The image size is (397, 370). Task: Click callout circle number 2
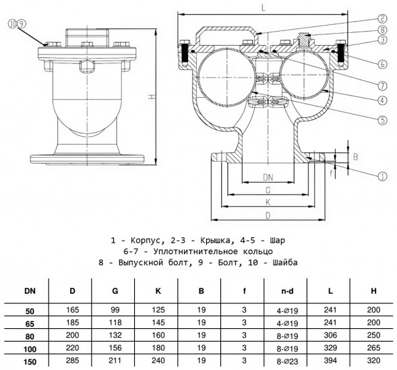coord(382,18)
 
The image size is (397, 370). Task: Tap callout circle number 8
coord(382,30)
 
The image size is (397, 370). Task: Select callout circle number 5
coord(382,120)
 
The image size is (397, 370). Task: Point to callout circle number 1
coord(382,177)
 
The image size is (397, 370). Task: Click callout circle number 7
coord(382,86)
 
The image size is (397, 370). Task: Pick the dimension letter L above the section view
coord(264,7)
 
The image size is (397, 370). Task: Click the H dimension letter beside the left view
coord(151,96)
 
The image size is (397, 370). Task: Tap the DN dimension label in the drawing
coord(268,177)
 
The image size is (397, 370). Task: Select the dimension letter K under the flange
coord(268,202)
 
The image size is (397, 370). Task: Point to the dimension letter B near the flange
coord(355,157)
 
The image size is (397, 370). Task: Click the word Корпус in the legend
coord(146,241)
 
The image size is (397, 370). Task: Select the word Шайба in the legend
coord(285,262)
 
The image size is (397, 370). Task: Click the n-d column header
coord(287,291)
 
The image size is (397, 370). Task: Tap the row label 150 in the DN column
coord(30,362)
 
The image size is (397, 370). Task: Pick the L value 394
coord(330,361)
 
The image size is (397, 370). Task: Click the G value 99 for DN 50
coord(115,310)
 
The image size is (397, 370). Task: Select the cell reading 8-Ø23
coord(287,361)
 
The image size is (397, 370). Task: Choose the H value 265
coord(373,348)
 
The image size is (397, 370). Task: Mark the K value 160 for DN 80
coord(158,335)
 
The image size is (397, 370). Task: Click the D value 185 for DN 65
coord(72,322)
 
